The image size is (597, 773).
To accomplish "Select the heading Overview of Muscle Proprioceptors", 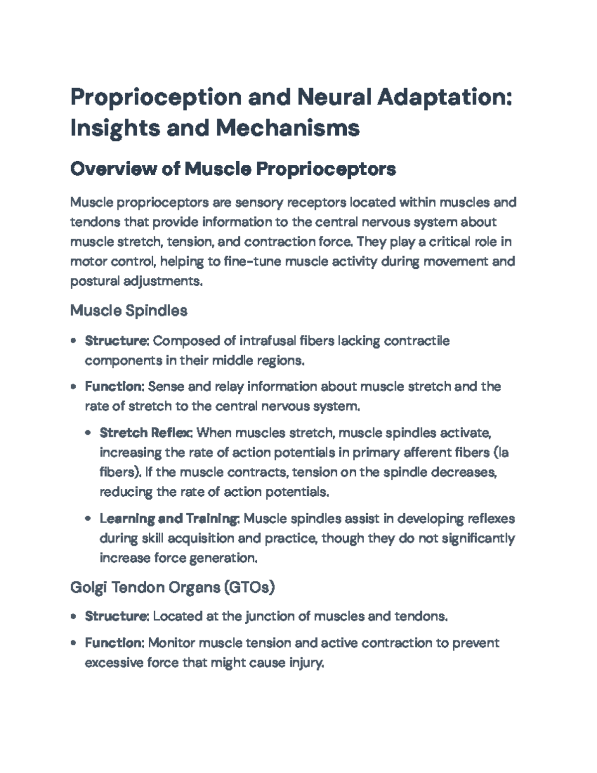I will point(233,169).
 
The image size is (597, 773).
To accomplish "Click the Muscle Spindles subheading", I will point(129,311).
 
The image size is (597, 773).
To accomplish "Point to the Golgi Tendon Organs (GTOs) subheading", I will point(172,588).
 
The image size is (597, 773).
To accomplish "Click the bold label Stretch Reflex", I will point(146,433).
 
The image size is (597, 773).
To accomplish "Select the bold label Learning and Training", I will point(169,519).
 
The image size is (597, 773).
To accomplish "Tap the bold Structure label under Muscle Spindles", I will point(116,341).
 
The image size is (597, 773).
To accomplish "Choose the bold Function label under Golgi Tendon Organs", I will point(114,643).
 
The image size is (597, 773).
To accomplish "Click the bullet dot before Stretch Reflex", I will point(88,433).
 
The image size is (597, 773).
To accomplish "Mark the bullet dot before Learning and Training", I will point(88,519).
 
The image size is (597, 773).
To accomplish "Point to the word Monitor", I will point(172,643).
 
